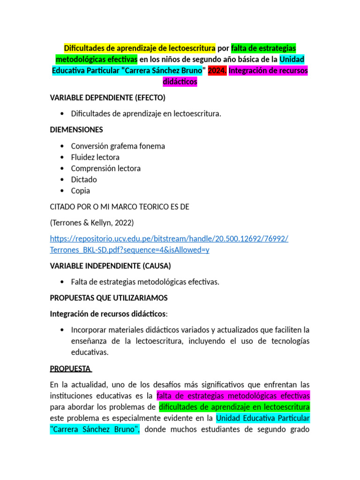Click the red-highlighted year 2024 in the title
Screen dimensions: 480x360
click(217, 70)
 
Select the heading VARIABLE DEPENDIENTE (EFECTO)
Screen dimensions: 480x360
click(107, 97)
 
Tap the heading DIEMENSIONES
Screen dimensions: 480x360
click(76, 129)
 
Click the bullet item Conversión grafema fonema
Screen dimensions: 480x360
click(118, 146)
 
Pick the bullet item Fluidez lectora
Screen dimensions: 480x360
click(95, 157)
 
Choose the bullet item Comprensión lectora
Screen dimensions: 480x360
click(105, 168)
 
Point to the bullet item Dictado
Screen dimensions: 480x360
click(84, 180)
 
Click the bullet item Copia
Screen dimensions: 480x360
click(81, 191)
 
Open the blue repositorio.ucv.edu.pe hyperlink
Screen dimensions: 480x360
click(169, 239)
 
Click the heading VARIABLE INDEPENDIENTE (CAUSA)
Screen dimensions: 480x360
click(110, 266)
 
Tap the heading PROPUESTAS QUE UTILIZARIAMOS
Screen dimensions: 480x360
click(108, 298)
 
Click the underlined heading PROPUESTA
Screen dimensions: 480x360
click(70, 368)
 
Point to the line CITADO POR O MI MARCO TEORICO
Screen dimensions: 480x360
click(120, 207)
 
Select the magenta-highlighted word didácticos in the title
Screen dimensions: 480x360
click(180, 82)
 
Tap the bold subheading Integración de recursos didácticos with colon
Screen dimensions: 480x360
click(108, 313)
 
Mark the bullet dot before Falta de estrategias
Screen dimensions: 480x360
click(63, 282)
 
